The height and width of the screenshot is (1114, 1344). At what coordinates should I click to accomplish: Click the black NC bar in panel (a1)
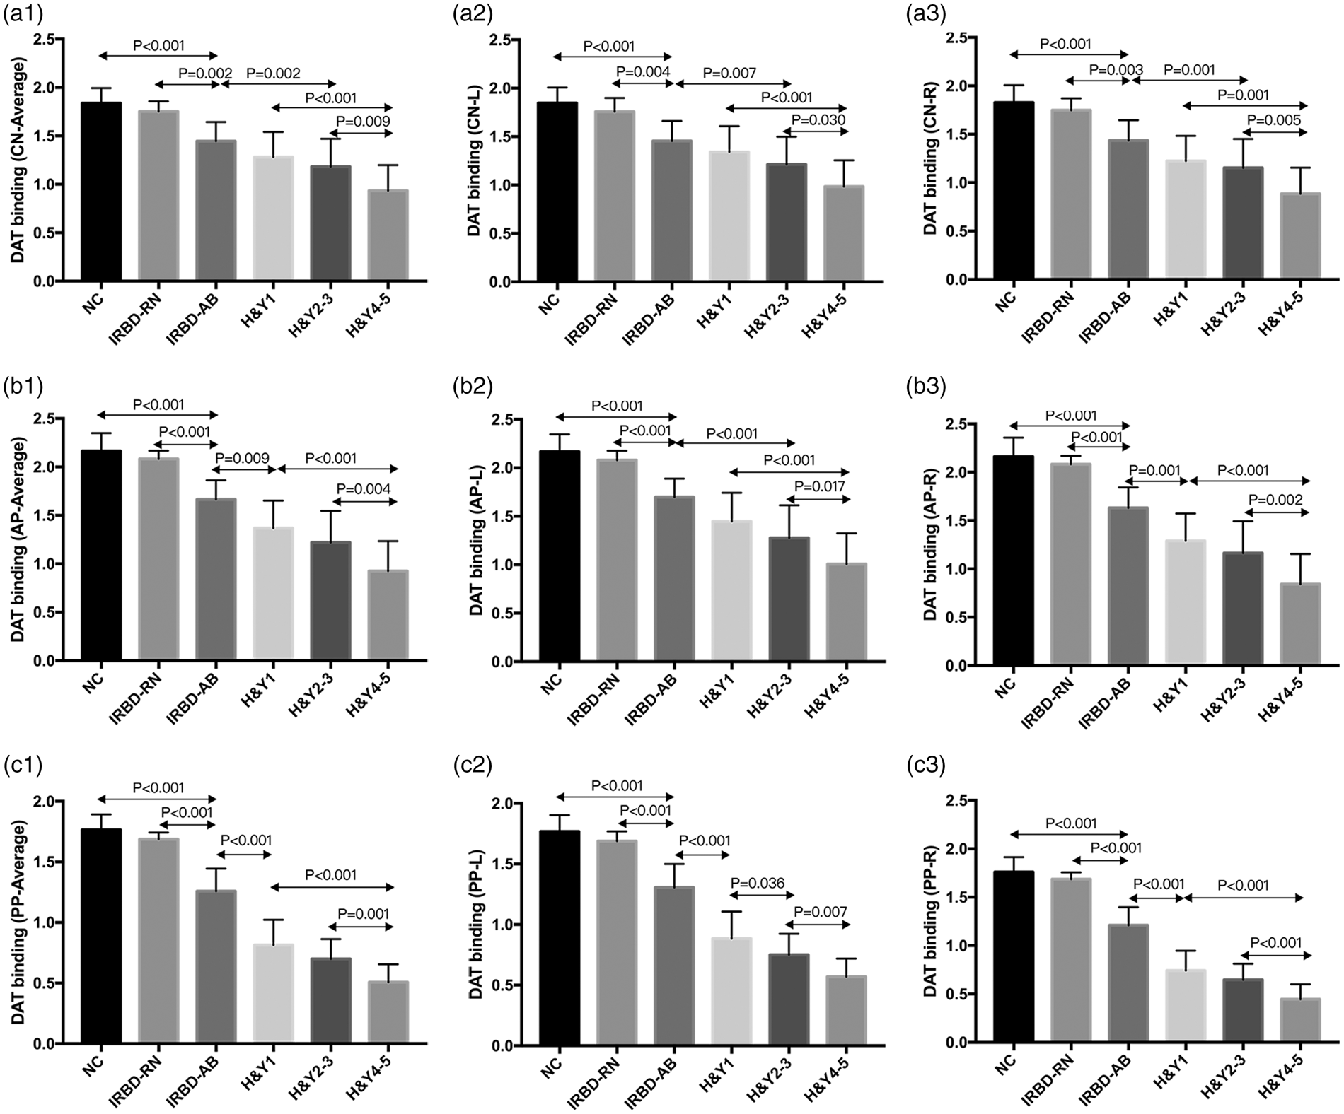click(101, 192)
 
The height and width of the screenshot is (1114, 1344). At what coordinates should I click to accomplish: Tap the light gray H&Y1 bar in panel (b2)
click(731, 591)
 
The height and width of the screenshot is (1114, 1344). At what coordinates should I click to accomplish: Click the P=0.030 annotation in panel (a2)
click(819, 120)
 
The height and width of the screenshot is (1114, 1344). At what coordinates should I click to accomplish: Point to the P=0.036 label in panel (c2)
click(758, 883)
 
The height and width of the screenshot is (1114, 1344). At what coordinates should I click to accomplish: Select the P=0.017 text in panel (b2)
click(821, 486)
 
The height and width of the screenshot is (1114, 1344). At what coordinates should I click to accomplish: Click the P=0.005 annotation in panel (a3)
click(1274, 121)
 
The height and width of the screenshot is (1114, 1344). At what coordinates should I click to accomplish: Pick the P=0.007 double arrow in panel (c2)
click(817, 925)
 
